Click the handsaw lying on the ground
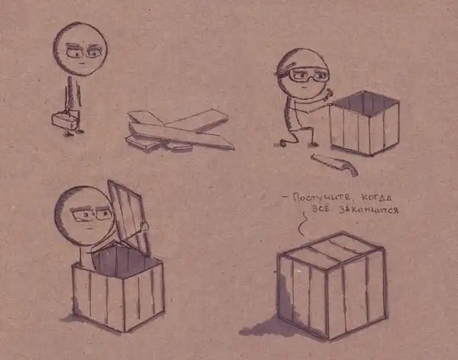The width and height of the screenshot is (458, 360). click(335, 163)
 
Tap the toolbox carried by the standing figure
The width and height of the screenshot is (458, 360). click(66, 120)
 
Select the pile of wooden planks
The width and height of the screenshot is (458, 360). click(179, 130)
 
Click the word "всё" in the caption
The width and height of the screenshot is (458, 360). click(321, 209)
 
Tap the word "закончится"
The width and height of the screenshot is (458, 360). click(369, 210)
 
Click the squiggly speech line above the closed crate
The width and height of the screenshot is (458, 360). click(302, 223)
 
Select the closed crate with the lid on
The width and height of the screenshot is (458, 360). click(332, 285)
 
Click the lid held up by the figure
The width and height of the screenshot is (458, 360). click(128, 218)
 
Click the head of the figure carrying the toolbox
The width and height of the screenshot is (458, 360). click(80, 49)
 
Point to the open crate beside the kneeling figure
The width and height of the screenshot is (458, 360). click(364, 123)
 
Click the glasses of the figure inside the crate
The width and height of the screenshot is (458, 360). click(92, 215)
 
